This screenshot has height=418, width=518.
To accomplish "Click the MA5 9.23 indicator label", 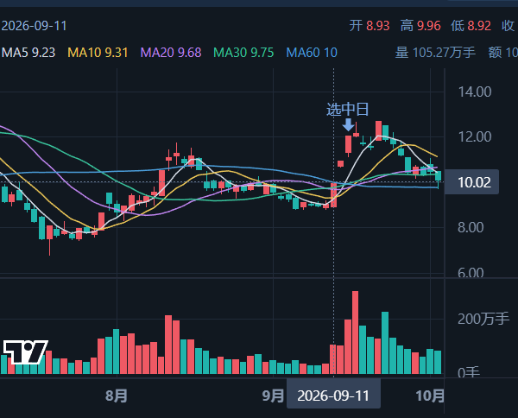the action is click(28, 53).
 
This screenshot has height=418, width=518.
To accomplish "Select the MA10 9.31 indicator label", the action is click(98, 53).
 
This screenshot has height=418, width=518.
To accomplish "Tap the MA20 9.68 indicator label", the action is click(171, 53).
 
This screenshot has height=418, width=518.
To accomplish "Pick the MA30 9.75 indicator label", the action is click(243, 53).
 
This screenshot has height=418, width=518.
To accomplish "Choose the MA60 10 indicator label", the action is click(312, 53).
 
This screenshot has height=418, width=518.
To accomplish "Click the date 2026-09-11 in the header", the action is click(34, 26).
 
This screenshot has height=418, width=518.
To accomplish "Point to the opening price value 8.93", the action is click(378, 26).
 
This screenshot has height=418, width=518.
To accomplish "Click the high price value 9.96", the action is click(429, 26).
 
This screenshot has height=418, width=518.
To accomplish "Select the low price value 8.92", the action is click(479, 26).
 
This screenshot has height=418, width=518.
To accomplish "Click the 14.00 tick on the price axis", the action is click(475, 92).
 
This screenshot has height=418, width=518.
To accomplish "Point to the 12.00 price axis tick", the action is click(475, 136).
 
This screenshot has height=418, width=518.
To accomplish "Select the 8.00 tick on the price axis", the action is click(471, 227).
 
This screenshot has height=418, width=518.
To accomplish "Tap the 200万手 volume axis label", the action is click(483, 319).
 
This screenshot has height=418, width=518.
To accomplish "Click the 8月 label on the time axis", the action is click(117, 396).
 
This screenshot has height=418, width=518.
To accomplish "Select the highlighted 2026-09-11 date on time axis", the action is click(333, 396).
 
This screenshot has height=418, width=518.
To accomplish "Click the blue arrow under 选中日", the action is click(348, 124).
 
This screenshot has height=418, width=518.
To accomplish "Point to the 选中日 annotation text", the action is click(348, 110).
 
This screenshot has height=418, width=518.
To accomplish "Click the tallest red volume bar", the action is click(355, 332).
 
